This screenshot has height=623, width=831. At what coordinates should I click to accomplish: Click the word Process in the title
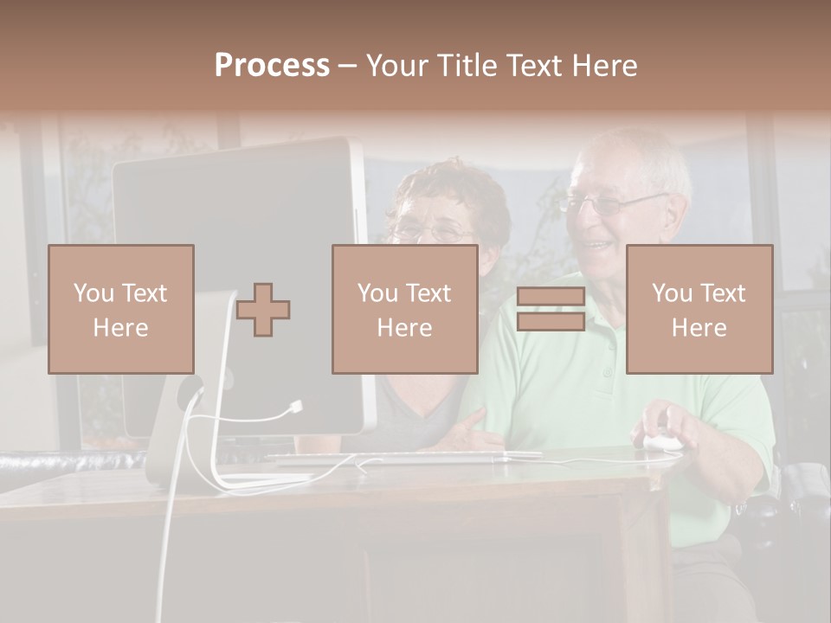point(272,66)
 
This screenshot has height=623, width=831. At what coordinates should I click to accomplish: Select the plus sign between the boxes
point(264,310)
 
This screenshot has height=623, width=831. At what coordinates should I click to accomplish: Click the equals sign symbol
point(551,309)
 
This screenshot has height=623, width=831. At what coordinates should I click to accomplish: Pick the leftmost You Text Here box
point(121,310)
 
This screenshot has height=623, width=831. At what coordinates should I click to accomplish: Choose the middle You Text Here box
point(404,310)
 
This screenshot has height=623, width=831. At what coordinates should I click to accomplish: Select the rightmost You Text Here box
point(699,310)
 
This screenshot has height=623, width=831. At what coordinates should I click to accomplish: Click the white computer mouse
point(662,442)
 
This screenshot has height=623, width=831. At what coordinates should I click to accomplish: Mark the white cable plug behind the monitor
point(297,405)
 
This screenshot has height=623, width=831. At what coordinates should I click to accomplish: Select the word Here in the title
point(603,66)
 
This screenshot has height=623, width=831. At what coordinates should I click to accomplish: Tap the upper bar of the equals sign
point(551,297)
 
